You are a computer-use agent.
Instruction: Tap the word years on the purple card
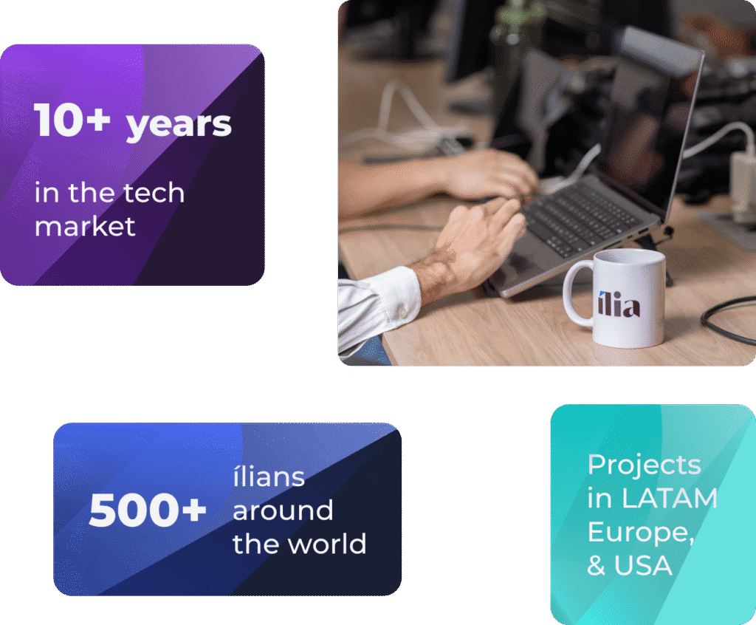pos(179,125)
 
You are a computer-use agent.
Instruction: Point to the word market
pos(85,226)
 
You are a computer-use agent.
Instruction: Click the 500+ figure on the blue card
pos(148,510)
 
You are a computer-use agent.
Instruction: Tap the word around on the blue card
pos(283,510)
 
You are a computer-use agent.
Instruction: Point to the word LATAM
pos(669,498)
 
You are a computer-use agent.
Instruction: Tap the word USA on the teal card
pos(643,565)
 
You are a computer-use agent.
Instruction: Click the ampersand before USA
pos(597,565)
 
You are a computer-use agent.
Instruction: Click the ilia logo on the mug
pos(619,304)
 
